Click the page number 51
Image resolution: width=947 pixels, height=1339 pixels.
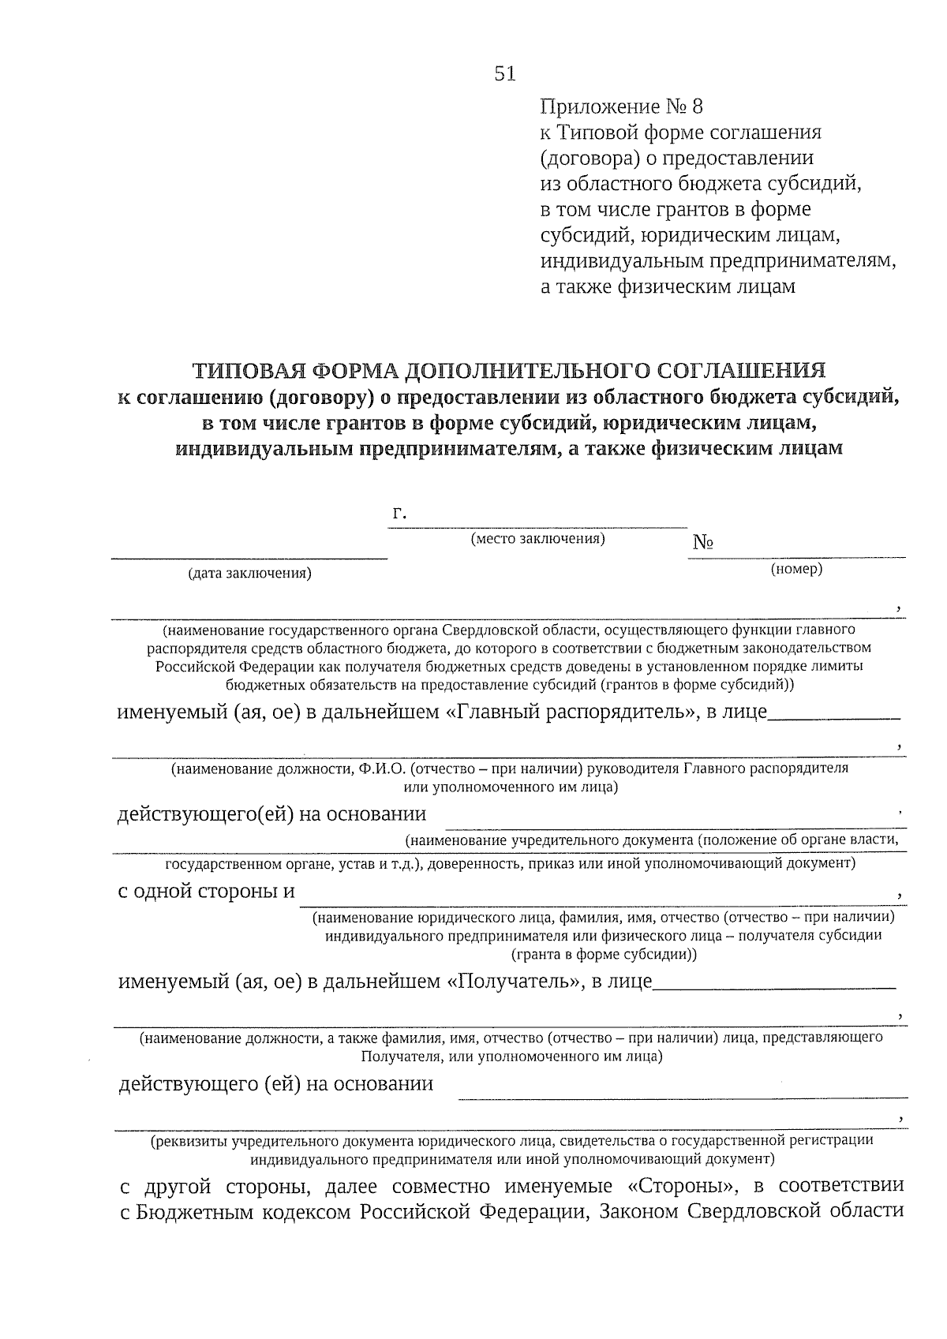pos(505,73)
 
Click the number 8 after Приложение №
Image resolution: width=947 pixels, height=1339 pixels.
pos(695,106)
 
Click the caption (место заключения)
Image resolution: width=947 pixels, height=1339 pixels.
pos(537,539)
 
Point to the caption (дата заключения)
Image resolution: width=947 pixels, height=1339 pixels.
pos(249,574)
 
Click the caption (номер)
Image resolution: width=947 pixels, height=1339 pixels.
pos(796,569)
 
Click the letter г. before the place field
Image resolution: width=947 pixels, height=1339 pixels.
pos(399,514)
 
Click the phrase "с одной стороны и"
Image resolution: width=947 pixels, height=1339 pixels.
pos(206,892)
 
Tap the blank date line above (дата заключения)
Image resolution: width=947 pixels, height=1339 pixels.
pos(249,557)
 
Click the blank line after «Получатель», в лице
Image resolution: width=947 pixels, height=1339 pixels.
pos(775,987)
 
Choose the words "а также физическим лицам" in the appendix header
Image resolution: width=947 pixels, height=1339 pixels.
pos(668,286)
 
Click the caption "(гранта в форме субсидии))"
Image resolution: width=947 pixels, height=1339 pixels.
pos(604,954)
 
